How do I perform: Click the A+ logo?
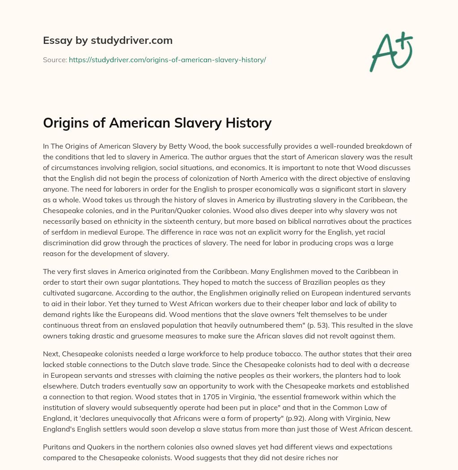(x=391, y=52)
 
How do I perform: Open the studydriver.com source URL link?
(x=167, y=60)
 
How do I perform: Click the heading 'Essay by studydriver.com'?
(x=108, y=41)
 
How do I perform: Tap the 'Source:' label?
(x=55, y=60)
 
